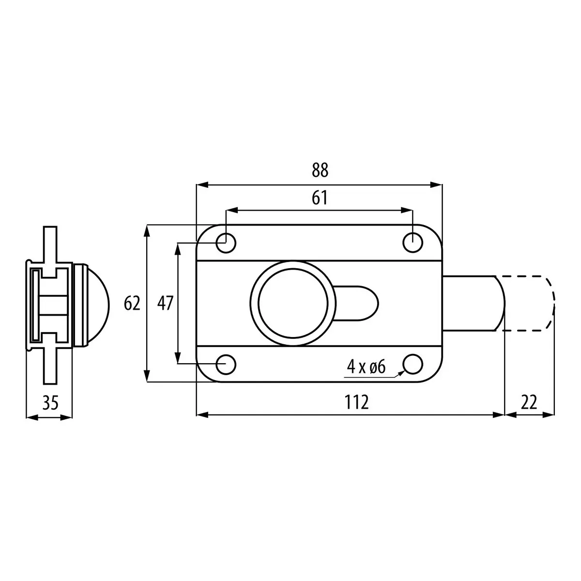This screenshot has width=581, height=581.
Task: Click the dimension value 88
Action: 320,170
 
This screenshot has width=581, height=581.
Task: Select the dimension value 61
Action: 320,198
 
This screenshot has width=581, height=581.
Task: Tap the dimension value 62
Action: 132,304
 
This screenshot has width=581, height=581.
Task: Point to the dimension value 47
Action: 166,304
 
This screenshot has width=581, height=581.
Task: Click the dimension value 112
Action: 356,402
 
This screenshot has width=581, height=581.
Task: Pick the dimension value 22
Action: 529,402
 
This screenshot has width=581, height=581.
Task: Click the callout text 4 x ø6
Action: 366,367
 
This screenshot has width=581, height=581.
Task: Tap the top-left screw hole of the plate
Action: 226,243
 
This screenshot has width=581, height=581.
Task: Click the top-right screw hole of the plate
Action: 413,242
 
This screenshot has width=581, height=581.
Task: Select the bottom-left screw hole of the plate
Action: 226,364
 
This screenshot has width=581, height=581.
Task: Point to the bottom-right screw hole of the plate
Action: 413,364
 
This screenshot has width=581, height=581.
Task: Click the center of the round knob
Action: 292,304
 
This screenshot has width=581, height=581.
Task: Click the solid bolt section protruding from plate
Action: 472,303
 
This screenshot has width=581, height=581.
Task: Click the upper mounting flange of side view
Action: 49,245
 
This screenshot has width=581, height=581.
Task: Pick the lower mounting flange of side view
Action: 49,363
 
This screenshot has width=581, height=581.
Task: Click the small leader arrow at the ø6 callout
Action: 401,373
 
